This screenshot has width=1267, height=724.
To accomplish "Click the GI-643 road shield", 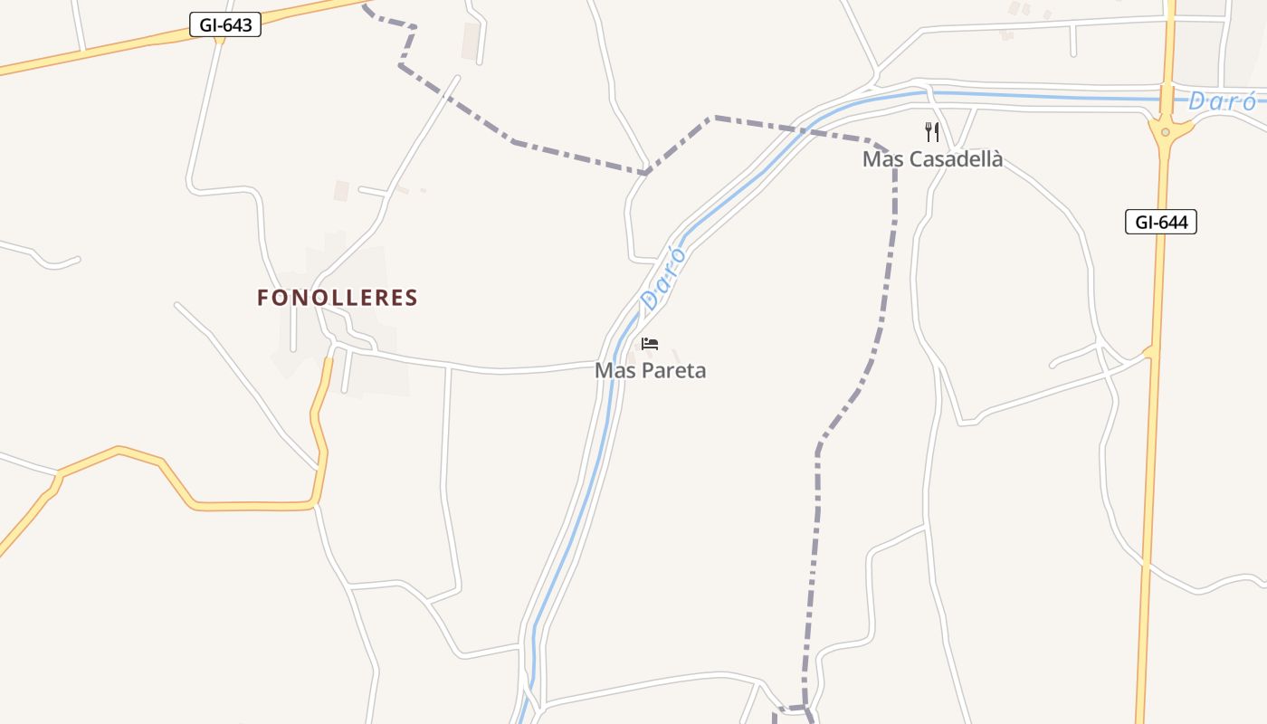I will tap(225, 24).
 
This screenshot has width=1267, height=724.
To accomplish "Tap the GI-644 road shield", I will tap(1161, 222).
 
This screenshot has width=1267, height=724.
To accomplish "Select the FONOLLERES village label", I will tap(338, 298).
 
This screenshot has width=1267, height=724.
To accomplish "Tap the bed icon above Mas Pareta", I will tap(649, 344).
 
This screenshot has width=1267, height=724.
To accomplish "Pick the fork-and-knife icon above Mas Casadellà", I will tap(932, 132).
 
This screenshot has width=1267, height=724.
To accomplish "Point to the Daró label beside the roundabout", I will tap(1221, 101).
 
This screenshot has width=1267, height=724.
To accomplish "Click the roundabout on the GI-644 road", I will tap(1165, 132).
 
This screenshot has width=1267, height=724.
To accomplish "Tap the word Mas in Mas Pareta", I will tap(612, 370).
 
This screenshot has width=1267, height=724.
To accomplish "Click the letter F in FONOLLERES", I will tap(263, 298).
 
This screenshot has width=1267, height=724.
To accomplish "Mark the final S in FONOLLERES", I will tap(411, 298).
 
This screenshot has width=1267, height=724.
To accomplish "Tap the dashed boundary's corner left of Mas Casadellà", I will tap(715, 117).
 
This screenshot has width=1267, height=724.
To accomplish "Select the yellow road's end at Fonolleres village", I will tap(328, 360).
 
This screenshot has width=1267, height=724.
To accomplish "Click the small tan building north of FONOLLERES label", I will tap(341, 190).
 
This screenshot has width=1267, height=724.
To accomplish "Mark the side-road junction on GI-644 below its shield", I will tap(1151, 352).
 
